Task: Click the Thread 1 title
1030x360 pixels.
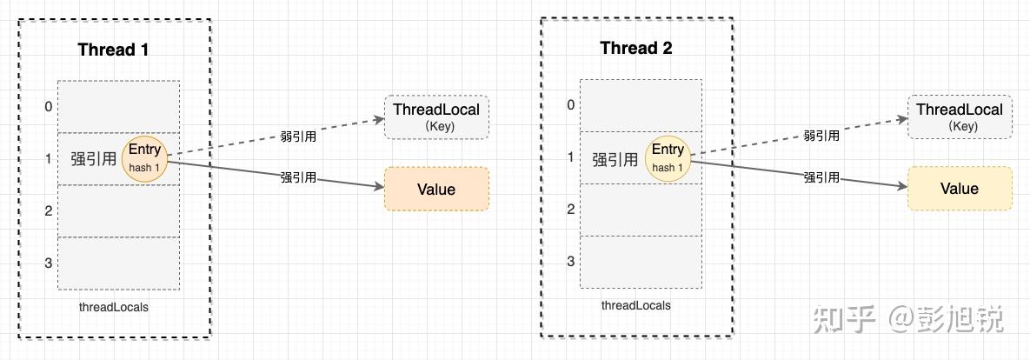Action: (x=113, y=50)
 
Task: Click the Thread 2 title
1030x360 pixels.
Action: (x=636, y=48)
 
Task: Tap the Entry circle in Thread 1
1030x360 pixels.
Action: (x=144, y=158)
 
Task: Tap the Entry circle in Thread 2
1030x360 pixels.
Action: (x=668, y=157)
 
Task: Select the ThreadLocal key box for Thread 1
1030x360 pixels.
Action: (x=436, y=117)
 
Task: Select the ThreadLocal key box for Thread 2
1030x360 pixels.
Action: (x=960, y=117)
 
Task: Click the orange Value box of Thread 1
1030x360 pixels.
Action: (x=436, y=189)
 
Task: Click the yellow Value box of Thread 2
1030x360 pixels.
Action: (x=960, y=189)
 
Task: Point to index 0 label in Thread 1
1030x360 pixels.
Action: (x=48, y=107)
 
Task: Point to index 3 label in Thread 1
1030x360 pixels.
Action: (x=48, y=263)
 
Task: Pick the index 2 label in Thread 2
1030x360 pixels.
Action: (x=571, y=210)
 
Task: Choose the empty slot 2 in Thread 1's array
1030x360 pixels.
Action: (x=119, y=211)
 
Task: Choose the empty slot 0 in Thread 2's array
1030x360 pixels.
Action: (x=641, y=105)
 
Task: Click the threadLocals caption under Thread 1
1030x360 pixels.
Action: (x=114, y=307)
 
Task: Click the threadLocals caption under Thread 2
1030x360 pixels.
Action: (x=636, y=305)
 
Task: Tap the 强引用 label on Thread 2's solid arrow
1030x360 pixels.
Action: (x=821, y=177)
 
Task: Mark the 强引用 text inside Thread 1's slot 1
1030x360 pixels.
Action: (x=93, y=159)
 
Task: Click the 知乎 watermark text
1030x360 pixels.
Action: (x=843, y=319)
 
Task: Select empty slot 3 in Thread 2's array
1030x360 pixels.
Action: (x=641, y=262)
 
